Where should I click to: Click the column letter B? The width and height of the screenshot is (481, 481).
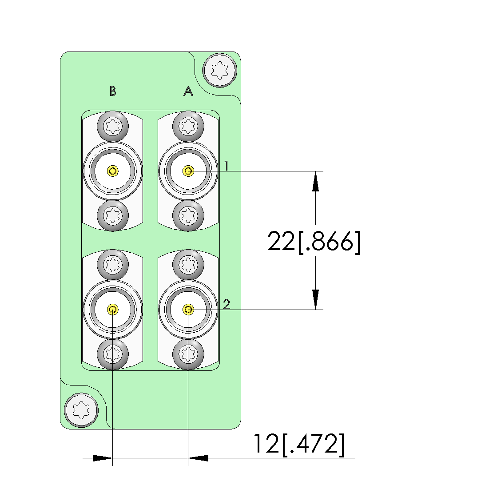point(113,91)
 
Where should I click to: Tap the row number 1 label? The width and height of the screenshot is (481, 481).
point(226,166)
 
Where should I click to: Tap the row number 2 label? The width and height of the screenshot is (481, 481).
point(227,304)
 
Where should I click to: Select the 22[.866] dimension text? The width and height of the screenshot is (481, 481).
point(314,242)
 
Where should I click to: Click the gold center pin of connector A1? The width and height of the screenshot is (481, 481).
point(188,171)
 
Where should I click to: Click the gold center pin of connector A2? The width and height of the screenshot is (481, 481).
point(188,309)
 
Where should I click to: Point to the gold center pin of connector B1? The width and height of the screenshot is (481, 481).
point(113,171)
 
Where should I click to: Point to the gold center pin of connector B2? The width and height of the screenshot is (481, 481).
point(113,309)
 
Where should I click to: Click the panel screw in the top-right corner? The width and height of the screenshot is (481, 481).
point(219,70)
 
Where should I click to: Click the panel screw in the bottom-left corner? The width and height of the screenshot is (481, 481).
point(81,410)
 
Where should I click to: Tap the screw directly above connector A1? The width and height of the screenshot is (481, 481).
point(188,127)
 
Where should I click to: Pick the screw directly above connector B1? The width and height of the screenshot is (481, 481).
point(113,127)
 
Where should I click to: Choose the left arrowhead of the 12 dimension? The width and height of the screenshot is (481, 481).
point(103,458)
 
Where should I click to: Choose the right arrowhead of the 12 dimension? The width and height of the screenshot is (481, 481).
point(199,458)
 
